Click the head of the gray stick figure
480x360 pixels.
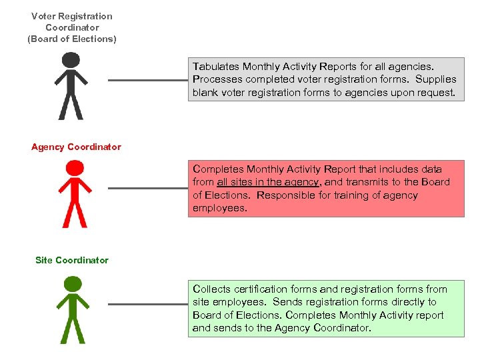point(71,60)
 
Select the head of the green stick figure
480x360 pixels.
point(72,283)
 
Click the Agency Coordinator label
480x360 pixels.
point(76,147)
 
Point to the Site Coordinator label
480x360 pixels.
point(72,260)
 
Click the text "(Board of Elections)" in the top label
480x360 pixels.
point(72,39)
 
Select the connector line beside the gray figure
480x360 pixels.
point(148,81)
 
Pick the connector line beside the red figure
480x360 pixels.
point(148,188)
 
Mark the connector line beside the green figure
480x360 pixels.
point(148,304)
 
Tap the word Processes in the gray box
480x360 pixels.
point(217,79)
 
